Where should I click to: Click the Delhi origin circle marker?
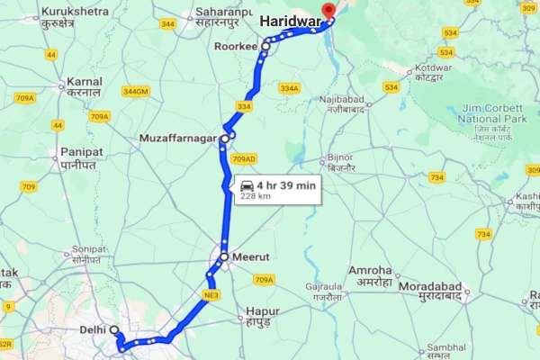[x=115, y=328]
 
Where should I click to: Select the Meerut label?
[x=250, y=256]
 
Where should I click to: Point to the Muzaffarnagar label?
[x=178, y=139]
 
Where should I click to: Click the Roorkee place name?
[x=237, y=44]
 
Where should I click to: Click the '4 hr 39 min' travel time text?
[x=286, y=184]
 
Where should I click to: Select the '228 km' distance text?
[x=256, y=195]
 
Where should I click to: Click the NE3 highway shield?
[x=212, y=294]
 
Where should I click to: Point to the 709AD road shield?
[x=243, y=159]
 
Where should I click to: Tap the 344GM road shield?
[x=136, y=91]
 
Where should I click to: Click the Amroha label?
[x=370, y=271]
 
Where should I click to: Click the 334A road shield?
[x=288, y=87]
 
